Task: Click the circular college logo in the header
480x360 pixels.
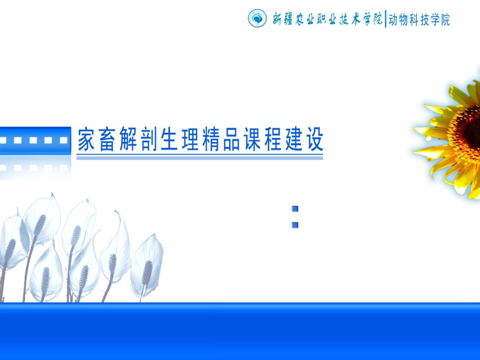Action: point(257,19)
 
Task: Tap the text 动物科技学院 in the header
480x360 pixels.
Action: point(419,20)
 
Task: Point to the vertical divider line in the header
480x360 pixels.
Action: point(385,19)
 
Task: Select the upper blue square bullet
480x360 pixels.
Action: point(295,209)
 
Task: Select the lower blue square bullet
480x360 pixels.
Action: point(295,225)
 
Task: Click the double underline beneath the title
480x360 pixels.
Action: point(200,158)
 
